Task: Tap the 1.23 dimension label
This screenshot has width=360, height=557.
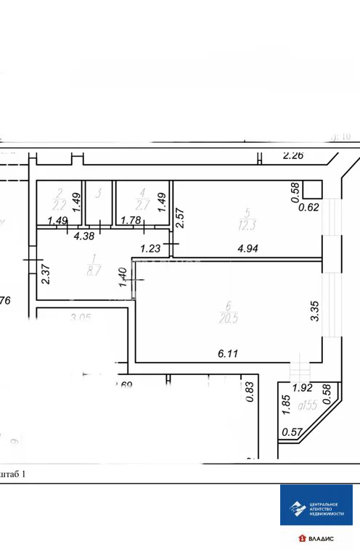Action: point(150,249)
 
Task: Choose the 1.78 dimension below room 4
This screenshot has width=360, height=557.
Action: point(131,220)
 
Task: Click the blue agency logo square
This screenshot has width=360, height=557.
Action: point(316,513)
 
